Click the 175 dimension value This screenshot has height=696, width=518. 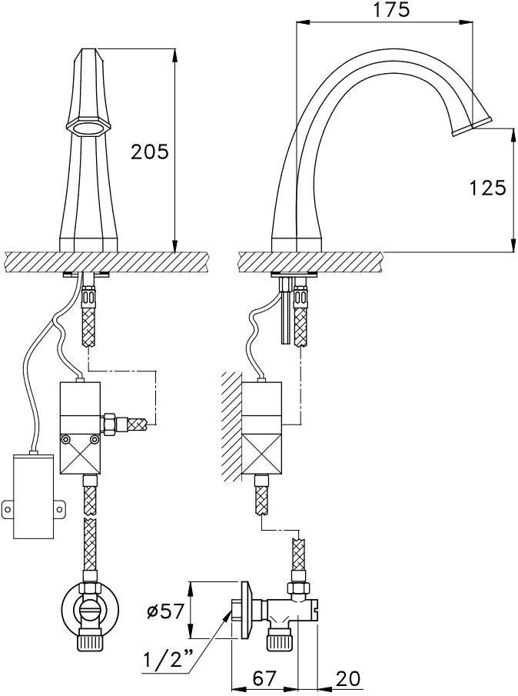390,10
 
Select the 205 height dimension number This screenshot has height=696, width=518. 150,152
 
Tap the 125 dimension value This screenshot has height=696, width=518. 487,188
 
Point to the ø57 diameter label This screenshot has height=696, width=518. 165,612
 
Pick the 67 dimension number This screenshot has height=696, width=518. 265,678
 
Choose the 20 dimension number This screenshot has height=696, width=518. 348,678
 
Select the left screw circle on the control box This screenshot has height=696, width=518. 66,439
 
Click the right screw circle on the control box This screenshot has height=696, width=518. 94,439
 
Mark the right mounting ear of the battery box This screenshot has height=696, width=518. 59,508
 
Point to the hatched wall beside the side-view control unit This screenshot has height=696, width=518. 231,427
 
